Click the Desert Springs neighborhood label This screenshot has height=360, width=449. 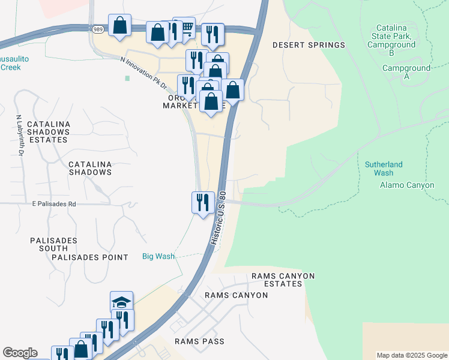[x=309, y=45]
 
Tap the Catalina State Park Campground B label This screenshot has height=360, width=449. [x=391, y=40]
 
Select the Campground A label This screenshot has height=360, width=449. [x=406, y=72]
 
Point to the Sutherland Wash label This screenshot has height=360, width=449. [x=384, y=169]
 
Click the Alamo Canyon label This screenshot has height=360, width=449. [x=407, y=185]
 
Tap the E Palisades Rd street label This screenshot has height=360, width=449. [x=54, y=204]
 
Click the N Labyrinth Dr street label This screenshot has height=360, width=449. [x=20, y=136]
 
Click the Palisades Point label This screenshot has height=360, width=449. [x=90, y=257]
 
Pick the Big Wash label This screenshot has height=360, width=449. [x=158, y=256]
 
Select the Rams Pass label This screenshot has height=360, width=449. [x=199, y=341]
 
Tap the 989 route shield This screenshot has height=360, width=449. [x=98, y=29]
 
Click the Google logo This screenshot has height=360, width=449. [x=20, y=353]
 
